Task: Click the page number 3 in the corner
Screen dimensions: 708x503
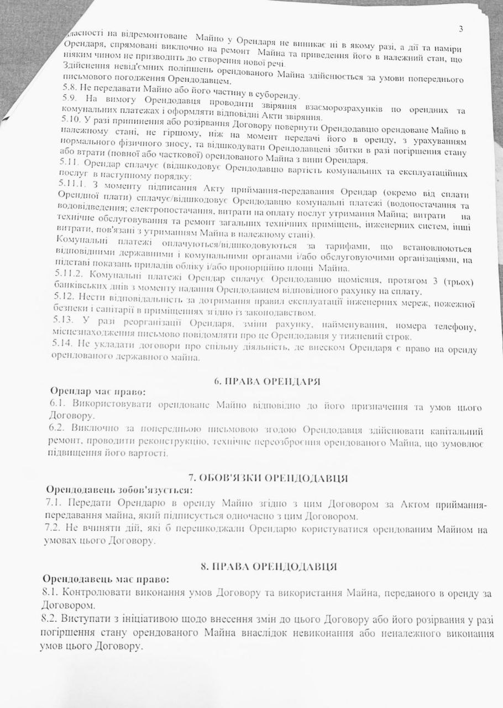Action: tap(460, 29)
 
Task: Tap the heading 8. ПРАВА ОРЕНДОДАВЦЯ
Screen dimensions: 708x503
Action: tap(267, 565)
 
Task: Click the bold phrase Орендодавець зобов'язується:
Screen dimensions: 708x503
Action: tap(119, 490)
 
